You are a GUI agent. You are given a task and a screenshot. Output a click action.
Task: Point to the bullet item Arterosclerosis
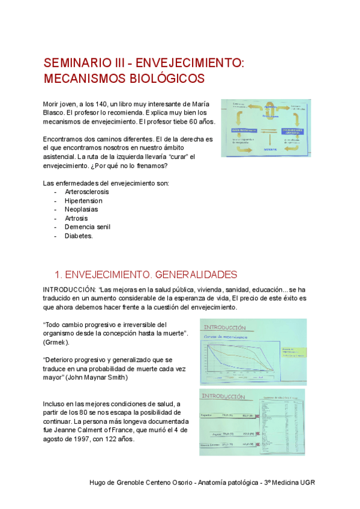tap(87, 192)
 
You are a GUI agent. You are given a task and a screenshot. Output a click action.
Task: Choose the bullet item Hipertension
tap(83, 200)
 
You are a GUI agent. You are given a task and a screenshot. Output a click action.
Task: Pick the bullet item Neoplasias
tap(82, 209)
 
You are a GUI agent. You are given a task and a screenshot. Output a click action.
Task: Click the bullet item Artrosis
tap(77, 218)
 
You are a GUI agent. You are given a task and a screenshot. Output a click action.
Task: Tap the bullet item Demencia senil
tap(88, 227)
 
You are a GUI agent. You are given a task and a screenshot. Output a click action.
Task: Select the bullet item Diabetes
tap(79, 236)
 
